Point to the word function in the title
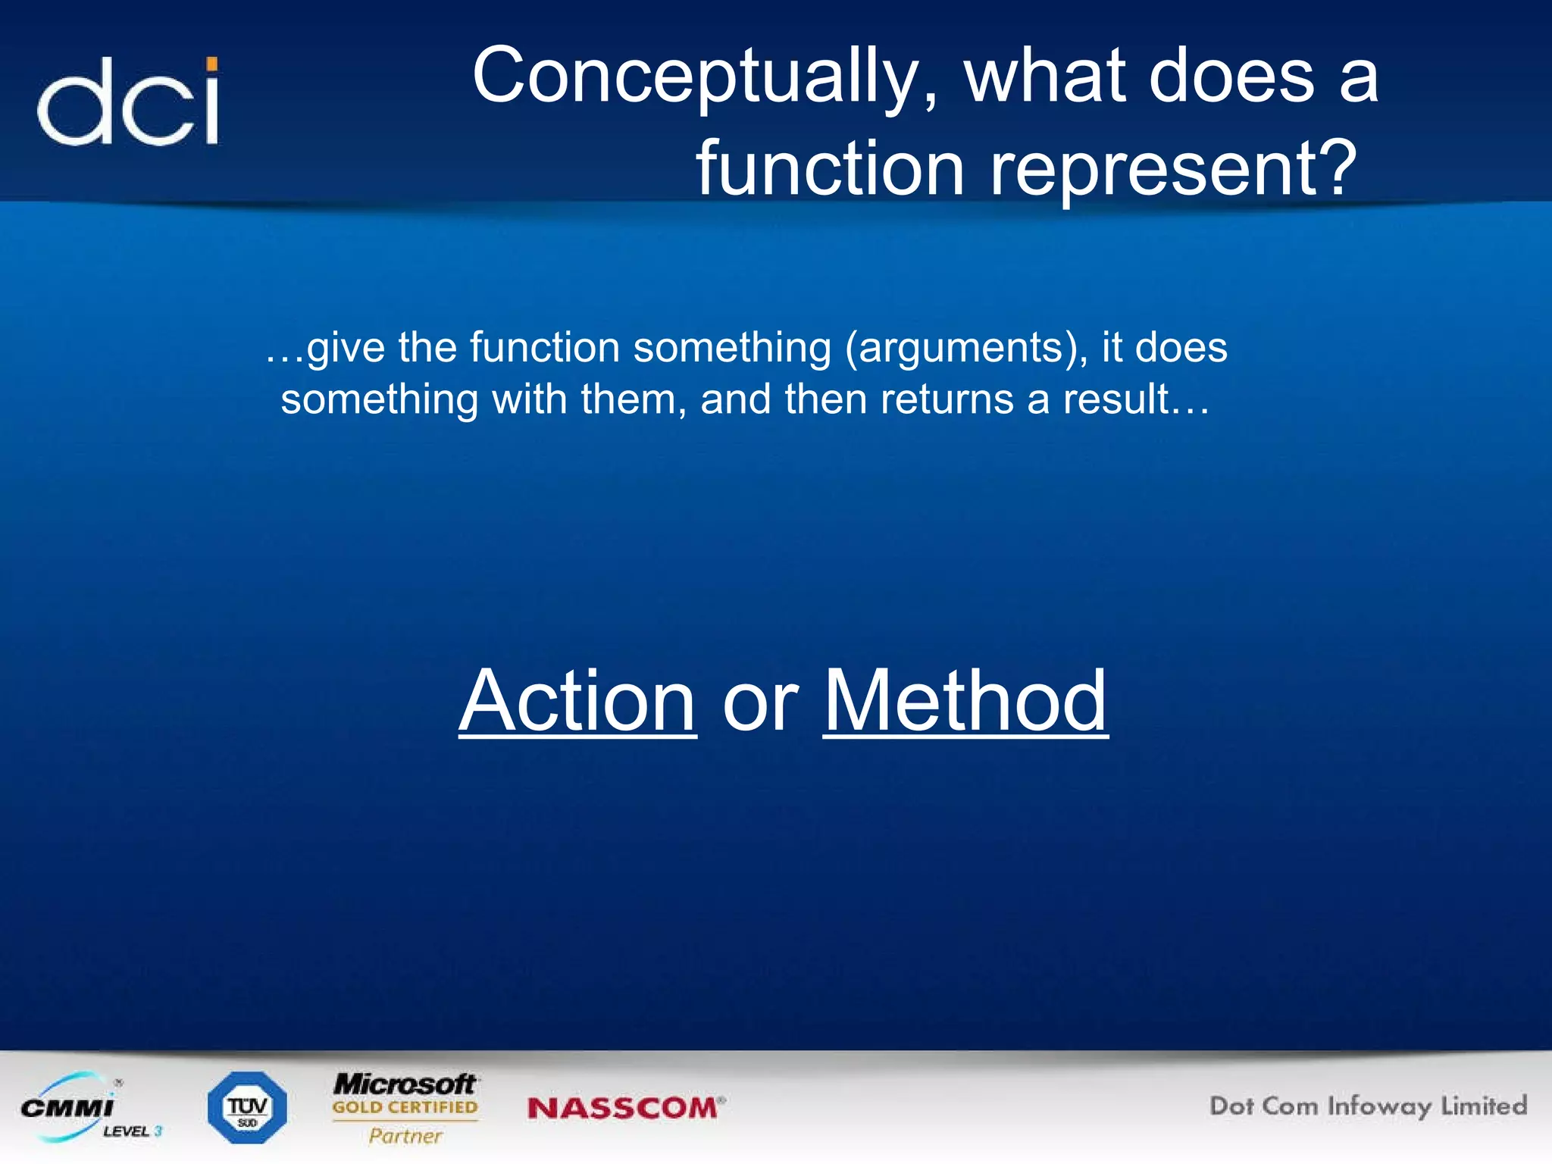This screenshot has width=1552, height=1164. (x=831, y=168)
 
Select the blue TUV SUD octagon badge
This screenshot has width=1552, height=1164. (x=247, y=1108)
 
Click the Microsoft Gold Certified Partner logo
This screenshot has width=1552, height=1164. (x=405, y=1106)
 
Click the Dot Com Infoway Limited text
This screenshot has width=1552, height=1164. (x=1368, y=1106)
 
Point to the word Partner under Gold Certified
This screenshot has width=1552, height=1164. (x=405, y=1135)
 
